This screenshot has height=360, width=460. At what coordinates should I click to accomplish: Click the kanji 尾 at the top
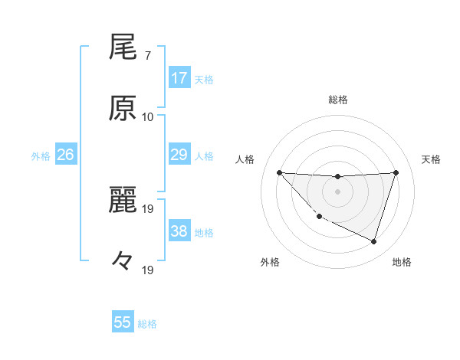(123, 47)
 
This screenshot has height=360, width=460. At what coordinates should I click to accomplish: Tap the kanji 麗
(123, 201)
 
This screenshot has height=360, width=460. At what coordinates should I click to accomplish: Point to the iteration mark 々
(123, 261)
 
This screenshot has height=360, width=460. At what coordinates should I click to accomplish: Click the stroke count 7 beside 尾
(148, 55)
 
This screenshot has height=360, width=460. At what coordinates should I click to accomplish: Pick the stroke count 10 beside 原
(148, 116)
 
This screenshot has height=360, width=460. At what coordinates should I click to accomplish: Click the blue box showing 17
(179, 78)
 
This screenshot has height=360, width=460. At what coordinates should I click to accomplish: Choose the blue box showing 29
(179, 155)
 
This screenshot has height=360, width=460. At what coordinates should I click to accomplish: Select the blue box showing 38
(179, 231)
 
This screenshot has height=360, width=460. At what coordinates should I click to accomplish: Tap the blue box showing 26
(66, 155)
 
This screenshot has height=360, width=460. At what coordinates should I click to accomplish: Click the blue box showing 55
(123, 322)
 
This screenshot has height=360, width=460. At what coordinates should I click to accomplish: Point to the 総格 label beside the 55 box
(147, 324)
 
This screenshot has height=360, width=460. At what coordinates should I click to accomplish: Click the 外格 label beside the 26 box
(41, 156)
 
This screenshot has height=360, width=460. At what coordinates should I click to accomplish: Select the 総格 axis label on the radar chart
(337, 100)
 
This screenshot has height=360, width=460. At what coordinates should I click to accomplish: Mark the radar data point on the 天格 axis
(396, 172)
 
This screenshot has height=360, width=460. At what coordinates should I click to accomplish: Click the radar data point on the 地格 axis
(373, 242)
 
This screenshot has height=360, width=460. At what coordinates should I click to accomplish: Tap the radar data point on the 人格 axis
(279, 172)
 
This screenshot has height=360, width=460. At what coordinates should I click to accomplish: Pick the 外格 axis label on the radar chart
(269, 262)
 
